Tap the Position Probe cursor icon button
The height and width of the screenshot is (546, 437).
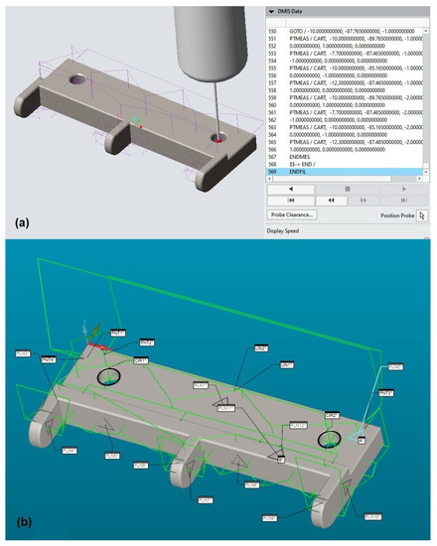(x=421, y=213)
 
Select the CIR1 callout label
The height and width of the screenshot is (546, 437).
(x=140, y=360)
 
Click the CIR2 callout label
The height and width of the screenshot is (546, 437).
(x=332, y=414)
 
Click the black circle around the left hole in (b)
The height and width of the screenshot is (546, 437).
(x=109, y=377)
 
